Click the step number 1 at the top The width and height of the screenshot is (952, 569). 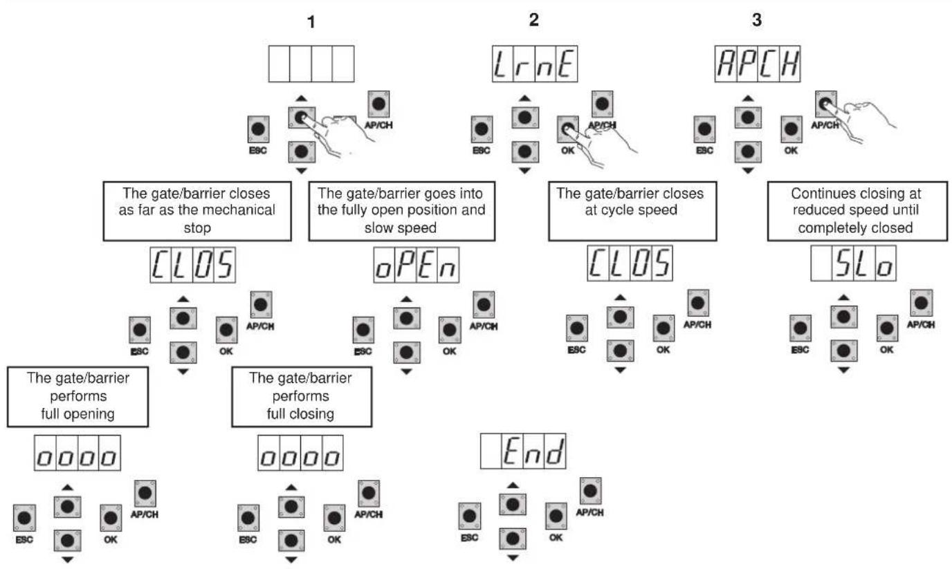311,22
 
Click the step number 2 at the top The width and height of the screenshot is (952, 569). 534,19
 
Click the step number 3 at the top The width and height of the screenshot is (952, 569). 756,19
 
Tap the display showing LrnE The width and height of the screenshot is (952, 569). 535,64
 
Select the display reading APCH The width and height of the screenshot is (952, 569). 758,64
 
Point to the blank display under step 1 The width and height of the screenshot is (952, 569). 311,64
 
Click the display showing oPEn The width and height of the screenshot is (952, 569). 416,265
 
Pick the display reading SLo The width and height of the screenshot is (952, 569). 853,263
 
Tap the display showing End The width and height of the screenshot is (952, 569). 523,451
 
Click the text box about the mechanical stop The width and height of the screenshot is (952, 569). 197,211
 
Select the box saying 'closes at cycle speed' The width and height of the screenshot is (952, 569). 632,211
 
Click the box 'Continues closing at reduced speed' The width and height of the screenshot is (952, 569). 857,211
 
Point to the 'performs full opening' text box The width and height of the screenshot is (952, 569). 77,397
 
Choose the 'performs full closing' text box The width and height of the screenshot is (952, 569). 302,397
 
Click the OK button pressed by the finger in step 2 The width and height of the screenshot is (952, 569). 568,129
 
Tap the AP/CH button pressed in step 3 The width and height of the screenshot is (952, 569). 826,104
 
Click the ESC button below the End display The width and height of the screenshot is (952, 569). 469,516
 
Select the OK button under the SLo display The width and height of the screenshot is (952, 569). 887,328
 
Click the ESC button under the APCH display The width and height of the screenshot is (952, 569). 704,129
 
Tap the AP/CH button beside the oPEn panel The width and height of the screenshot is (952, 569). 484,304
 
